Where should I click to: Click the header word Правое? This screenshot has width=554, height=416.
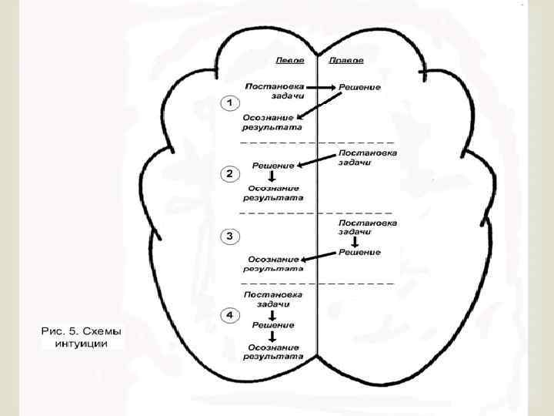347,60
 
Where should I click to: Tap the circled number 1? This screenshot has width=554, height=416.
229,102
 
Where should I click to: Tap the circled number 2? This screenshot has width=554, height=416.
229,174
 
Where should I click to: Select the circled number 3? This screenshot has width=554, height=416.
229,235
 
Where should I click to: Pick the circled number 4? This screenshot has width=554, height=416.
229,315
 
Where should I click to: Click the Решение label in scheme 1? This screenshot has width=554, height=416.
360,87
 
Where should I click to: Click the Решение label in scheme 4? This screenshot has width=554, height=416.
272,326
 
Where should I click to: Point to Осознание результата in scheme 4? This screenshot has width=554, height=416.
272,352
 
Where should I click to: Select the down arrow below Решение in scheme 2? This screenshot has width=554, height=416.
272,176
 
